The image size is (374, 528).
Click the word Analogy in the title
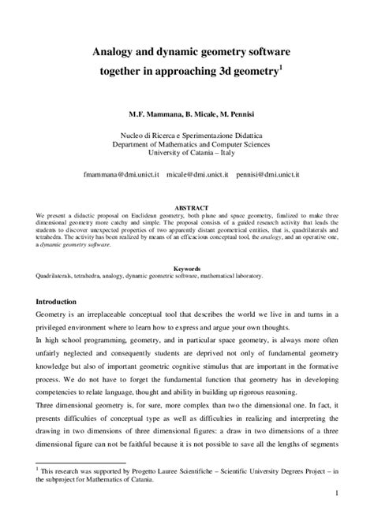click(x=116, y=52)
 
